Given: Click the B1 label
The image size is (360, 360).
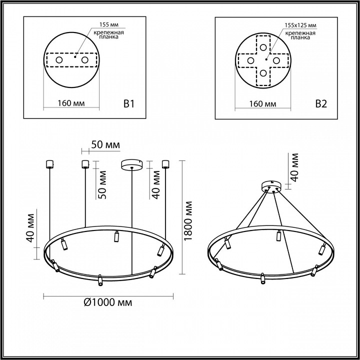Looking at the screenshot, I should coord(129,104).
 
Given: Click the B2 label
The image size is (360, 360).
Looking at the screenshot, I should coord(320,104).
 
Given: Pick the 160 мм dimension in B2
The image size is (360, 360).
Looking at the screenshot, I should coord(262,104).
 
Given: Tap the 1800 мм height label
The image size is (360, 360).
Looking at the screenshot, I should coord(188,220).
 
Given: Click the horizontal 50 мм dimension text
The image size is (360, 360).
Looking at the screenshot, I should coord(105,145).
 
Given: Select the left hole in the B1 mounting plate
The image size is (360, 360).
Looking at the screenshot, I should coord(59,60).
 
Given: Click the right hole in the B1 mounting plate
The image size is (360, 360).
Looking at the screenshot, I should coord(85,60).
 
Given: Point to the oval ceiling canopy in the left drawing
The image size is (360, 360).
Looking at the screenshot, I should coord(132,164).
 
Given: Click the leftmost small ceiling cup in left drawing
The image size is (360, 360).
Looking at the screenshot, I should coord(49,163).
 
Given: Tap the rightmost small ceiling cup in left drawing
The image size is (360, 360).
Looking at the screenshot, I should coord(165,163).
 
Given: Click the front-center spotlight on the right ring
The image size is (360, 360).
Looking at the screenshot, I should coord(261,279).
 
